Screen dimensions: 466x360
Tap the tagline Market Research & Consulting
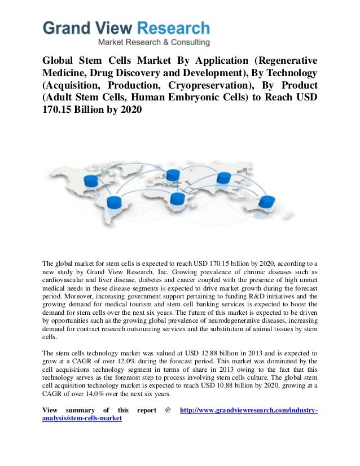point(154,42)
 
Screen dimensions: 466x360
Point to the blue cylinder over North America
point(91,180)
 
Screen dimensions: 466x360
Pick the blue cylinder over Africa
point(177,198)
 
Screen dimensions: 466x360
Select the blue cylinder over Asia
point(224,178)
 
